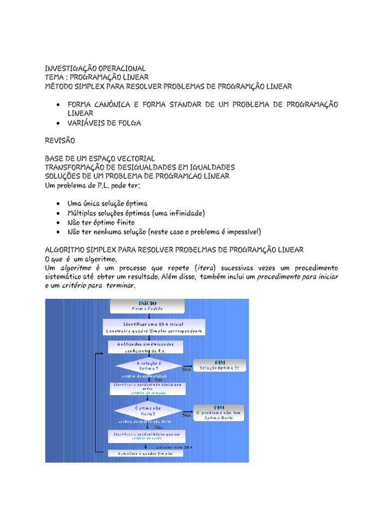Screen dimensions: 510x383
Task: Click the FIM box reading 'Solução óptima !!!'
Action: point(220,366)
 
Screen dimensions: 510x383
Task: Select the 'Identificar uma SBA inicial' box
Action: point(153,327)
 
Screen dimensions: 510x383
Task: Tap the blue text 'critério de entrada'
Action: point(148,393)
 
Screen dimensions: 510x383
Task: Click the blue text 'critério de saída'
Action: point(147,439)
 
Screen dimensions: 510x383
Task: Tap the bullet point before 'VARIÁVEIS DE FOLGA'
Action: point(59,123)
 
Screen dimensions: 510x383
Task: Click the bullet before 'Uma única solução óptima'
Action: point(59,204)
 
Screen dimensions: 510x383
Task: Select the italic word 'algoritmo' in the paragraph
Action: point(70,268)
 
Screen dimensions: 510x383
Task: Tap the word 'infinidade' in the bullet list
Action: point(185,213)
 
